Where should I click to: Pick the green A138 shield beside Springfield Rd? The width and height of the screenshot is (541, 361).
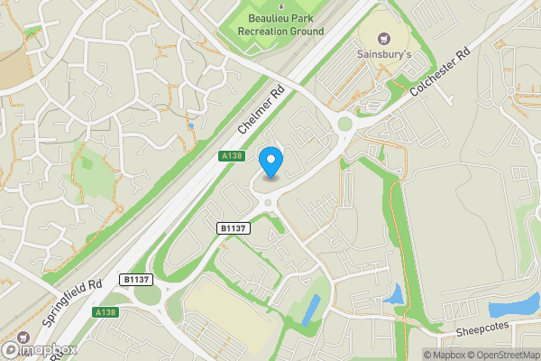coord(105,312)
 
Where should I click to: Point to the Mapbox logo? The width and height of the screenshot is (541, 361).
coord(39,349)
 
